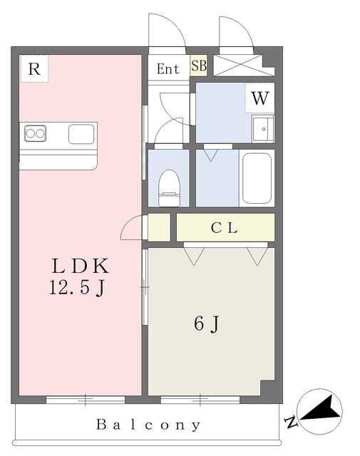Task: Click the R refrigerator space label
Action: click(x=34, y=69)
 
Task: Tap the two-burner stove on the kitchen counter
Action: click(x=35, y=133)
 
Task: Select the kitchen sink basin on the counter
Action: click(x=81, y=134)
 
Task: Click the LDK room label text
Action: click(x=81, y=266)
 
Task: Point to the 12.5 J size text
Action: click(x=76, y=288)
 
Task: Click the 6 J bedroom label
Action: click(x=206, y=323)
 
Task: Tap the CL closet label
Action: click(x=224, y=228)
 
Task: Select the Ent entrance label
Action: click(x=168, y=69)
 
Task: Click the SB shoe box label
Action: click(x=199, y=66)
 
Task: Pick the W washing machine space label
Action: click(x=259, y=98)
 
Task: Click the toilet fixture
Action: click(x=169, y=188)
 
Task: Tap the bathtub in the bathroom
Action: click(x=257, y=178)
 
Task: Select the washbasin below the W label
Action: click(x=263, y=129)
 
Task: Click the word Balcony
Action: click(x=148, y=425)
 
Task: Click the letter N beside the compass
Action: click(x=291, y=422)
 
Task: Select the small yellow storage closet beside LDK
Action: click(x=159, y=227)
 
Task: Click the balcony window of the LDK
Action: click(x=86, y=400)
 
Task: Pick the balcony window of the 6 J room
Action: click(x=200, y=400)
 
